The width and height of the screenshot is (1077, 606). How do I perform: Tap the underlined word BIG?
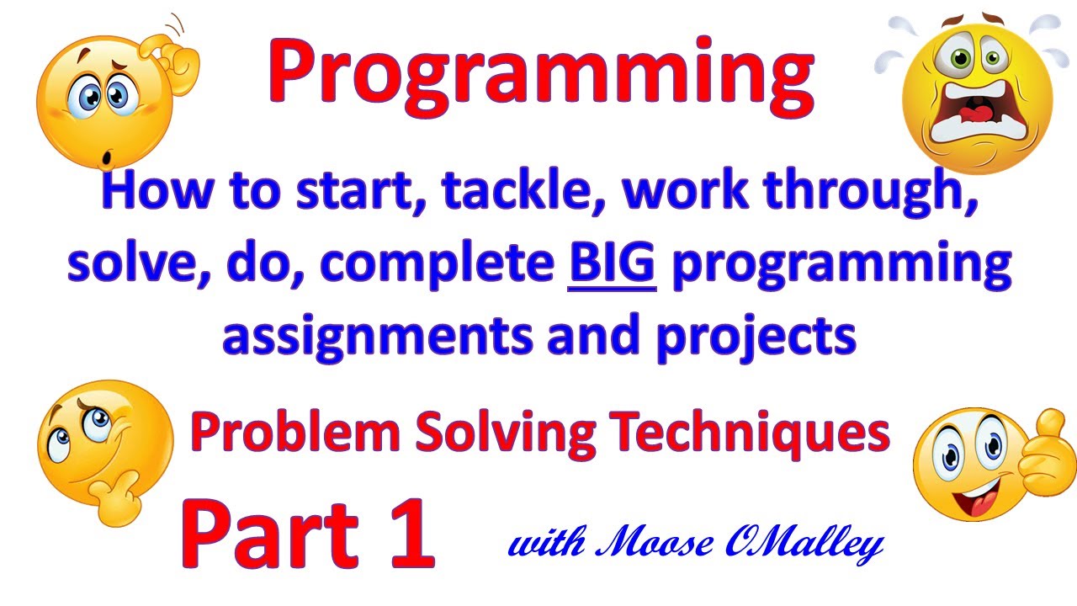coord(612,263)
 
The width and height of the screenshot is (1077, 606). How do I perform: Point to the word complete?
coord(438,265)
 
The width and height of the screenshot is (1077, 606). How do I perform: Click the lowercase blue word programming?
coord(838,265)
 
